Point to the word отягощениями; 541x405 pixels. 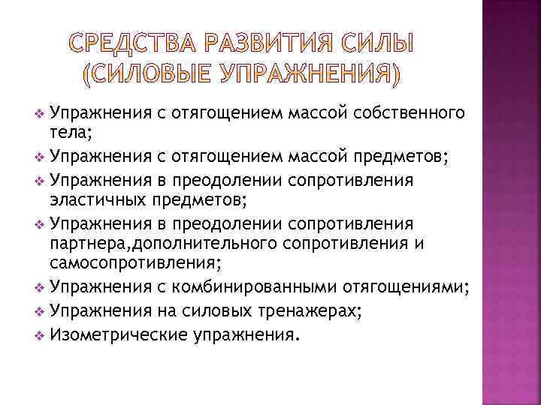coord(409,288)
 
